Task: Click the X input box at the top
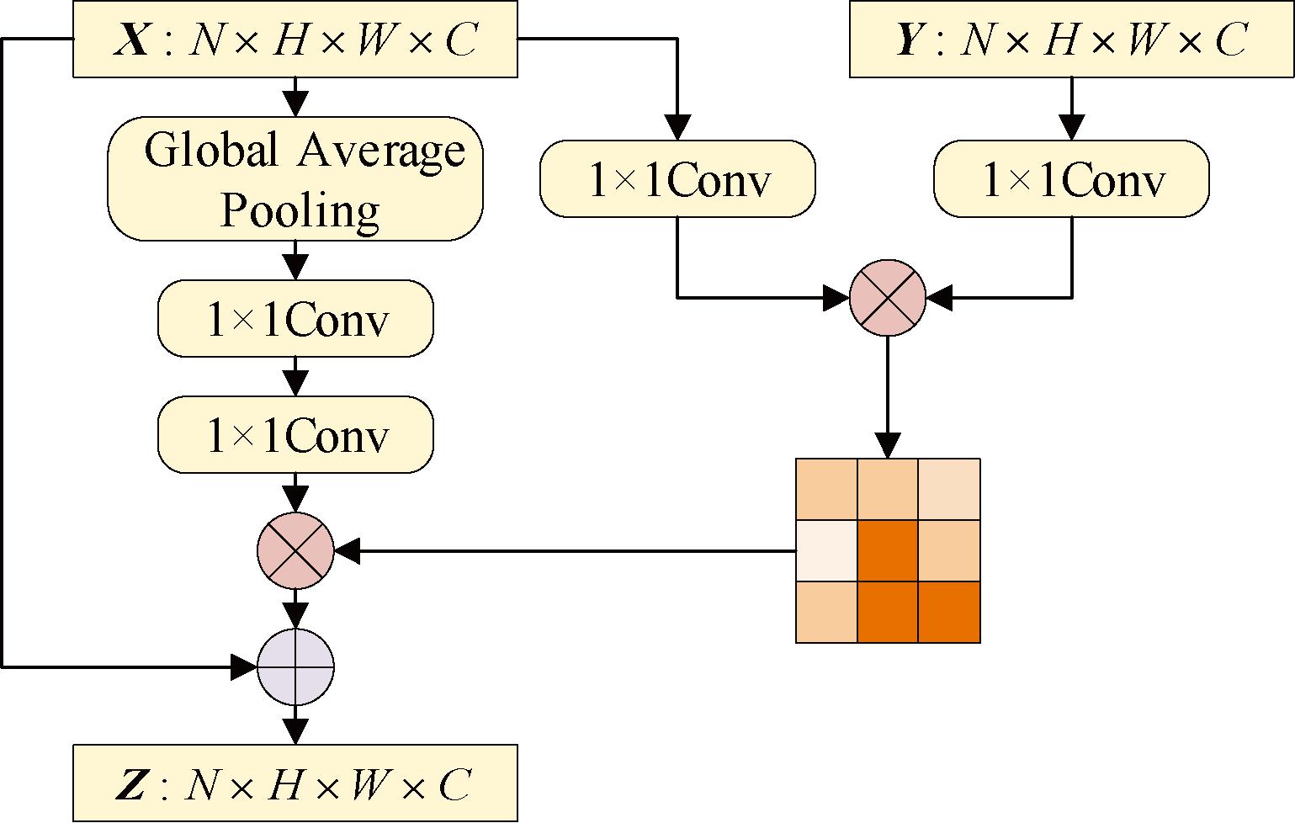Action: point(295,40)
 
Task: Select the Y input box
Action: point(1071,40)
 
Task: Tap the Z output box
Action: point(295,783)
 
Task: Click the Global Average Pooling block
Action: point(295,178)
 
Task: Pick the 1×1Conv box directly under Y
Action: point(1071,178)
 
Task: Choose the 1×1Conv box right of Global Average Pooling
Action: point(677,178)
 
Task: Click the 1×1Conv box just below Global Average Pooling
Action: point(295,318)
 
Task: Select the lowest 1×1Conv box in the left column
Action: point(295,434)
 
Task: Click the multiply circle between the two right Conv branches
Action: point(888,297)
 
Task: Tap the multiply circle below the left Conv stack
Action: point(295,551)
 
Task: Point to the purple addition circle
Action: point(295,667)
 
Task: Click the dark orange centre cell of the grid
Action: point(888,550)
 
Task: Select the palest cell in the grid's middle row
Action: point(826,550)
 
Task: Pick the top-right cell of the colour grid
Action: point(949,489)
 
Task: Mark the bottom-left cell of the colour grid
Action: point(826,612)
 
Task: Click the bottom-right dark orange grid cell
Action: point(949,612)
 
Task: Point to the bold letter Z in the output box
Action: point(131,784)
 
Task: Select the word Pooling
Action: point(300,210)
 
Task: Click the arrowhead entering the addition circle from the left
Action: point(244,667)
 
